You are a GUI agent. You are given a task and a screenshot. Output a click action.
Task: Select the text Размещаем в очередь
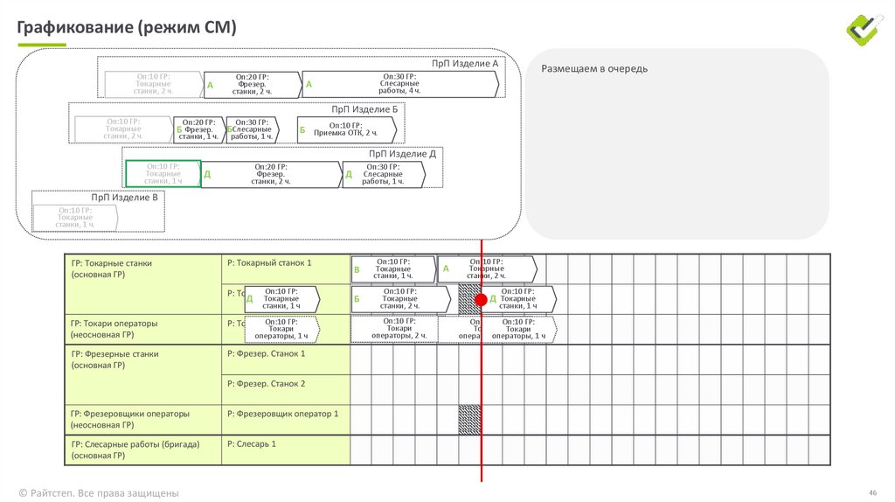click(x=594, y=69)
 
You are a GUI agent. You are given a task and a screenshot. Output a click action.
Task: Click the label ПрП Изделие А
click(x=465, y=64)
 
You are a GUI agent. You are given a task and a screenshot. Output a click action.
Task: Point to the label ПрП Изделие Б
click(x=364, y=109)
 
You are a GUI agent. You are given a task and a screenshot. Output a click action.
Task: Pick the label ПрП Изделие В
click(x=125, y=198)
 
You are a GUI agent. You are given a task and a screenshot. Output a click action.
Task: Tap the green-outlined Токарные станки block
click(x=163, y=173)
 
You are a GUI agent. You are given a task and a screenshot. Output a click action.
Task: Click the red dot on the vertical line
click(x=481, y=299)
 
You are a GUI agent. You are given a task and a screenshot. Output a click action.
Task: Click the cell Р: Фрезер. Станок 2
click(x=266, y=384)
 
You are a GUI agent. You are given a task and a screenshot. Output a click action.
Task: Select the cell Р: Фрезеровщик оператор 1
click(x=281, y=414)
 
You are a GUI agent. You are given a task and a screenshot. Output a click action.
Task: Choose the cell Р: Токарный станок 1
click(x=268, y=262)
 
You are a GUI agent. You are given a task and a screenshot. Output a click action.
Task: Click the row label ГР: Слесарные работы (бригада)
click(x=135, y=444)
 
